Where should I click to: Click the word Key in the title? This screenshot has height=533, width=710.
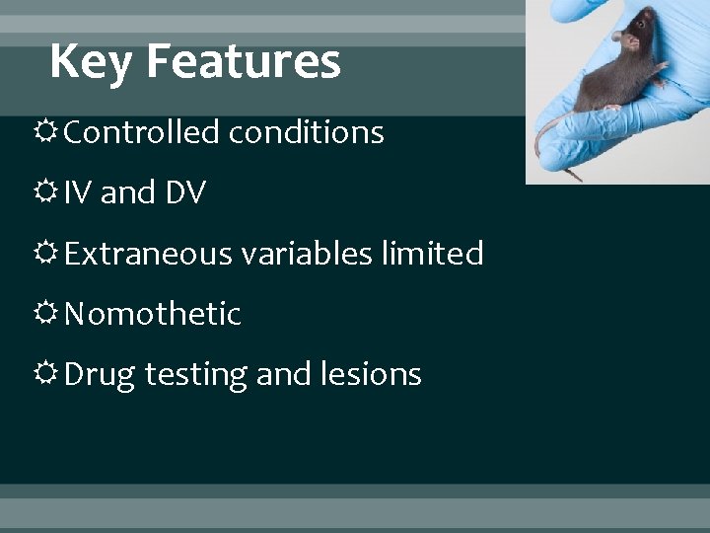click(x=92, y=62)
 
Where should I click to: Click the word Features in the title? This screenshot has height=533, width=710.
click(x=243, y=61)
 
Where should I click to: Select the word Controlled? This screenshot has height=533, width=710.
click(x=142, y=132)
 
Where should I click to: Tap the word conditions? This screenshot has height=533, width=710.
click(x=306, y=132)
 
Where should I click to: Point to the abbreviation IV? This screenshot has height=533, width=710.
click(x=79, y=193)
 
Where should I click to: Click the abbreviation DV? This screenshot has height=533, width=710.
click(x=185, y=193)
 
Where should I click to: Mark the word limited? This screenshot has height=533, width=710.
click(x=431, y=254)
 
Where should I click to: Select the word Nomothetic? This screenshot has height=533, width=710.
click(x=153, y=314)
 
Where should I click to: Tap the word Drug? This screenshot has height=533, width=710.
click(x=100, y=375)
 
